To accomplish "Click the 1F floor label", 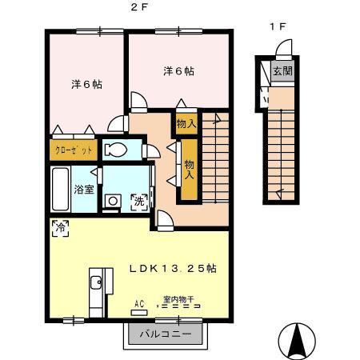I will pyautogui.click(x=277, y=26).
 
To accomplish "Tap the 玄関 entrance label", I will pyautogui.click(x=282, y=71).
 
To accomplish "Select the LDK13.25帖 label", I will pyautogui.click(x=174, y=268).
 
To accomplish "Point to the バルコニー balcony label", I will pyautogui.click(x=166, y=334).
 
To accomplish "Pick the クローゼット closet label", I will pyautogui.click(x=74, y=150).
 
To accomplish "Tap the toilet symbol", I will pyautogui.click(x=115, y=149).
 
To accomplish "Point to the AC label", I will pyautogui.click(x=139, y=303).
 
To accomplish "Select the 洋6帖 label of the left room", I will pyautogui.click(x=86, y=84).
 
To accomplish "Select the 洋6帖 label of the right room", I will pyautogui.click(x=178, y=71).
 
